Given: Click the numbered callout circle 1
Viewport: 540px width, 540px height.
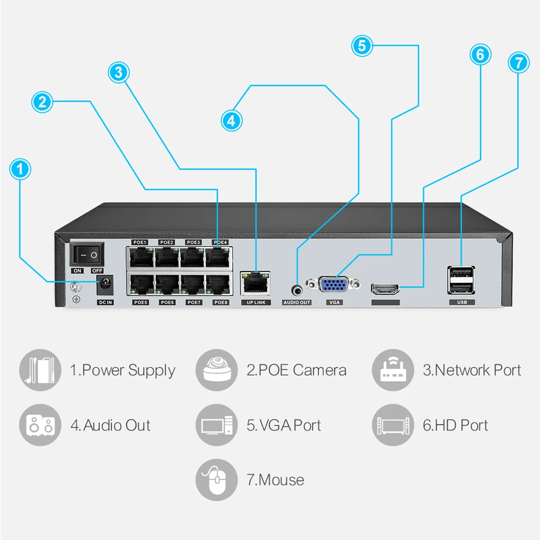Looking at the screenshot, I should tap(21, 170).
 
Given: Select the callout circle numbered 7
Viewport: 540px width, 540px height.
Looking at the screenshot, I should tap(519, 62).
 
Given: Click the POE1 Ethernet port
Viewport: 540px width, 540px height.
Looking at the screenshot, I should tap(141, 257).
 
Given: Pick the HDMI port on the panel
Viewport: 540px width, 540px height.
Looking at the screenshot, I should tap(386, 288).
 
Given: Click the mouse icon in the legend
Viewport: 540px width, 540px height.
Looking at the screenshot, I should tap(216, 480).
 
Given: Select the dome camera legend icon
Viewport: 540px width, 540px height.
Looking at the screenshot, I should tap(216, 370).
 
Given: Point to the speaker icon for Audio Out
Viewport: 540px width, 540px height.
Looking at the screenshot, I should tap(40, 425).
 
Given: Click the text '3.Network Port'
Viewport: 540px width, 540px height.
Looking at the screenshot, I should tap(471, 370).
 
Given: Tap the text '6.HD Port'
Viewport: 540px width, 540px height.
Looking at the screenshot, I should tap(455, 425).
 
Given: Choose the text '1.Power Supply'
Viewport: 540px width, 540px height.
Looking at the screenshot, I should tap(123, 370).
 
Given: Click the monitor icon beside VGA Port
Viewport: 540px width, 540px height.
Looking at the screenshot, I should tap(216, 425).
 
